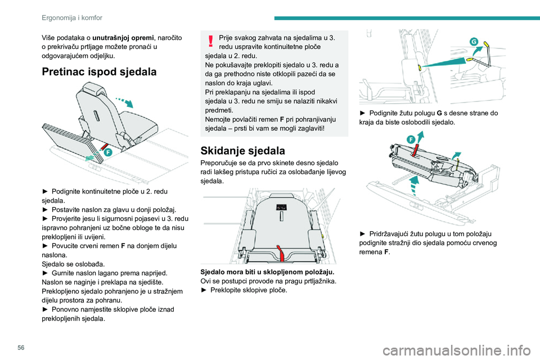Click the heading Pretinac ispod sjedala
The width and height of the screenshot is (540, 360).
(99, 71)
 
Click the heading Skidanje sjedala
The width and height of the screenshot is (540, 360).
(243, 151)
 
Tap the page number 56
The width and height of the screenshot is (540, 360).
(21, 348)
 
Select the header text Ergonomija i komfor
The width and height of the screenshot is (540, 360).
(72, 17)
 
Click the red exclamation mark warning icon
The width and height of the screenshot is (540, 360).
(210, 40)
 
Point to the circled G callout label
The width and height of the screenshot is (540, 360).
(474, 42)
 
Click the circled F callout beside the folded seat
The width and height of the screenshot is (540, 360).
(411, 139)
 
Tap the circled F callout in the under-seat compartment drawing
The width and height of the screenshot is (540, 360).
(108, 152)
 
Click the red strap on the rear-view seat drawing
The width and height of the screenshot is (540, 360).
(281, 254)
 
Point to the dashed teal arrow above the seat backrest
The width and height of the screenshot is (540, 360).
(125, 102)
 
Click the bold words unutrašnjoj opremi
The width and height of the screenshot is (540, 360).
(123, 38)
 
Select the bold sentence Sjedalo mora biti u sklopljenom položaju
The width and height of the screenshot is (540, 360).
(267, 272)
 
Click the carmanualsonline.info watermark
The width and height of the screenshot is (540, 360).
(457, 350)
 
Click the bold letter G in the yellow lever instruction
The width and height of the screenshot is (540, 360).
(439, 113)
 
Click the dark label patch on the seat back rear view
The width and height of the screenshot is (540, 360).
(281, 207)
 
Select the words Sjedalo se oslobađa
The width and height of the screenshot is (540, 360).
(73, 264)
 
